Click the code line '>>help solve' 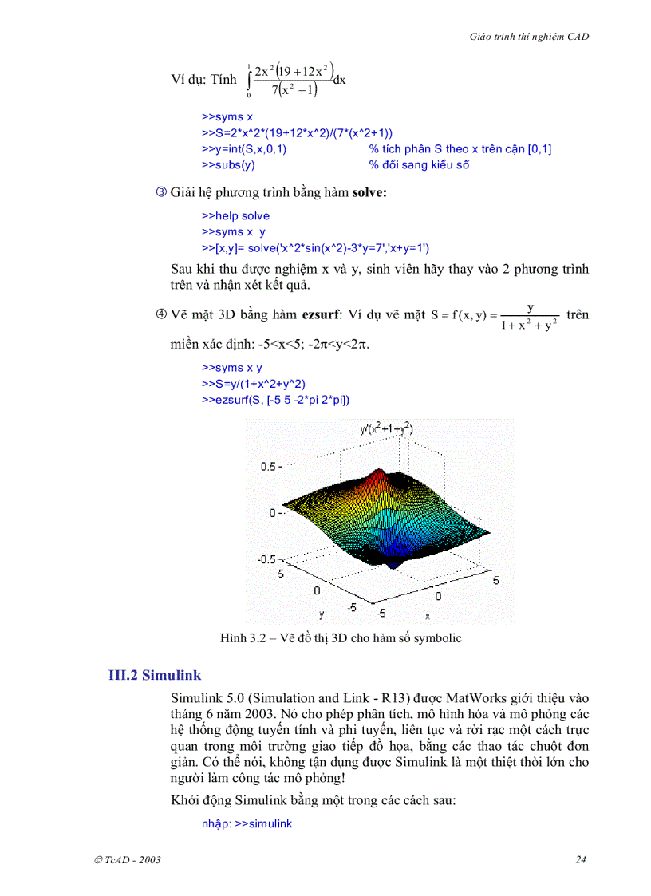click(x=235, y=216)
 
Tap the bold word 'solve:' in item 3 click(x=369, y=193)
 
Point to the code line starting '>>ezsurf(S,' click(x=275, y=400)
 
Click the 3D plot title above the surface click(x=386, y=429)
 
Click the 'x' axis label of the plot click(x=428, y=616)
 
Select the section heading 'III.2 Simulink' click(x=155, y=675)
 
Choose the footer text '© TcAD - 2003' click(x=128, y=859)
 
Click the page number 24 click(x=581, y=859)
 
